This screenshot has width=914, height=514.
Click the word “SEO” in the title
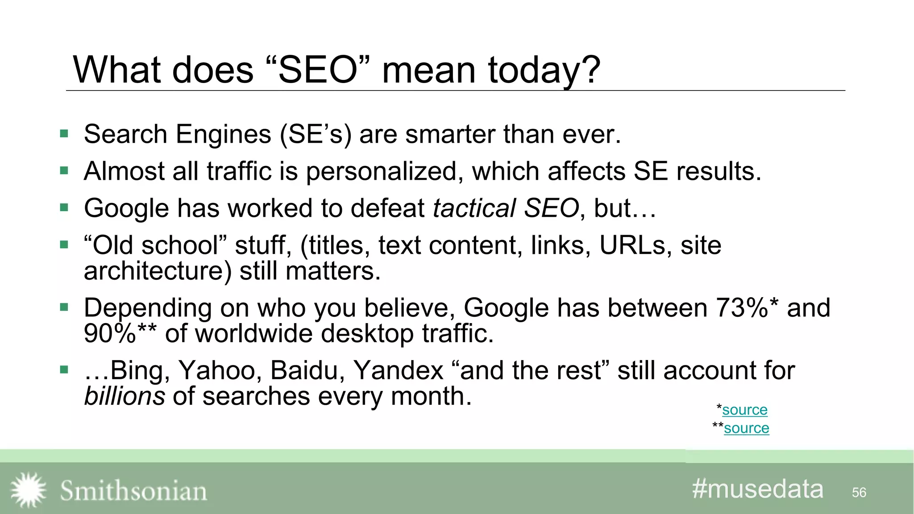(318, 70)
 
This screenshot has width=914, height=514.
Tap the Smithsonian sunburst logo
(28, 490)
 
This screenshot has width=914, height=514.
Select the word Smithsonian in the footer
(133, 491)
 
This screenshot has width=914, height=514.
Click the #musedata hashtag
(757, 489)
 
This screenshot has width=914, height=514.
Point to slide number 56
(859, 492)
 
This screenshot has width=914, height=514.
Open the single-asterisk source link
(744, 410)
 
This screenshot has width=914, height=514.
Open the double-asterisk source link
(746, 428)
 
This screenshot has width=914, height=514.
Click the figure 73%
(741, 307)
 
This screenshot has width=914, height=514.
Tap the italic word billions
(125, 396)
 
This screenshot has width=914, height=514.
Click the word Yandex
(398, 370)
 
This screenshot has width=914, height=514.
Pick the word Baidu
(307, 370)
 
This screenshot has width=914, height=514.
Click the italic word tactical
(474, 208)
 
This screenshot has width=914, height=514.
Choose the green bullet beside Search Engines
(64, 133)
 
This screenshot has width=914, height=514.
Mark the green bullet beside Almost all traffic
(64, 170)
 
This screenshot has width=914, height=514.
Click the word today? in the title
(544, 71)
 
